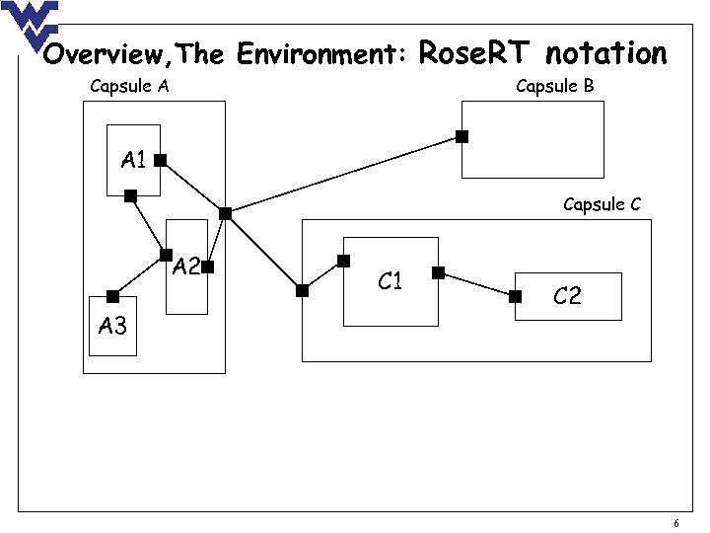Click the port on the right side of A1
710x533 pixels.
160,159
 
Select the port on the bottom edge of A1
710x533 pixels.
130,196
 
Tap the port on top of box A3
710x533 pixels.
112,296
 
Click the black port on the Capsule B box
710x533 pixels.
461,137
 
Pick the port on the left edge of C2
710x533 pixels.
515,296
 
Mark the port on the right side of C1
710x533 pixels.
438,271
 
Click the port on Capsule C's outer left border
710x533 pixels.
302,290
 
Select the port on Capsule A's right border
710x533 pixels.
225,213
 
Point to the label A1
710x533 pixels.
134,159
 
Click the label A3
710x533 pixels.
112,326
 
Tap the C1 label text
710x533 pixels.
390,282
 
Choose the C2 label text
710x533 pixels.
567,296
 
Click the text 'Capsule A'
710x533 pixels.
129,86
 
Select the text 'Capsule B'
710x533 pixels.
555,86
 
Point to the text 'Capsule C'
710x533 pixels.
602,204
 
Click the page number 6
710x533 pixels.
675,523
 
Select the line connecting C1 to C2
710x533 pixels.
476,284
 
